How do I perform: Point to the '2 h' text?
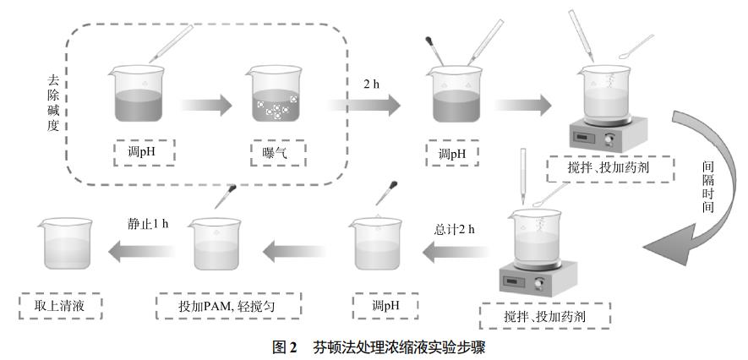coord(371,85)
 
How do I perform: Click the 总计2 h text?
coord(456,229)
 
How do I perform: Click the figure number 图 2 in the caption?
coord(286,347)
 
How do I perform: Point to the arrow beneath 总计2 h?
coord(457,249)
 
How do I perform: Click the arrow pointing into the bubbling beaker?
coord(205,105)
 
